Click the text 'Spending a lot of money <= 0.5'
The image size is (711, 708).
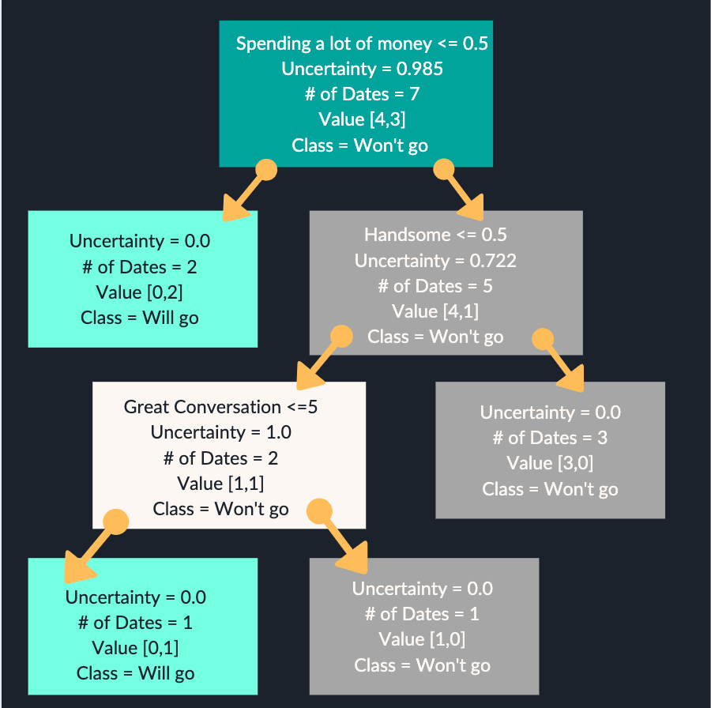pos(362,43)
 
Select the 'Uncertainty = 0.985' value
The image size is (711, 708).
pos(362,69)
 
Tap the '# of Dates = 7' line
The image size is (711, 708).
pos(362,94)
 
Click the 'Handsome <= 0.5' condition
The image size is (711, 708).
pos(435,235)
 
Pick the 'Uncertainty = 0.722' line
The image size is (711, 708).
pos(435,261)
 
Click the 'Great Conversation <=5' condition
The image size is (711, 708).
pos(221,407)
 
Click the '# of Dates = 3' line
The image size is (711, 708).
pos(550,438)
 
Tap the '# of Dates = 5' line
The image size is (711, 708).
pos(435,286)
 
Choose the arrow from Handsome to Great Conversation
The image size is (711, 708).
pos(320,361)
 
